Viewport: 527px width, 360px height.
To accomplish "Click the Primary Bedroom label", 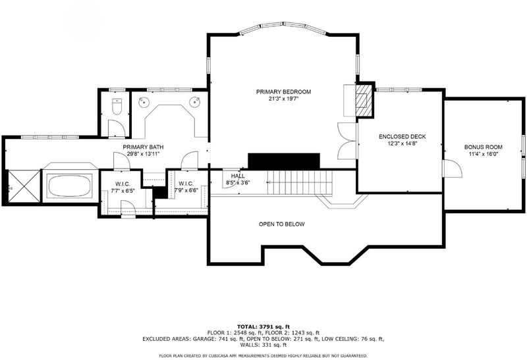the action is point(283,91).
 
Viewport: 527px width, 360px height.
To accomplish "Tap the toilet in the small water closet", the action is point(117,106).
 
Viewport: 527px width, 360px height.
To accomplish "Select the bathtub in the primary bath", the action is point(69,186).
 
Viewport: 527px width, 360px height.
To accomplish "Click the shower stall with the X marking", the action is point(24,186).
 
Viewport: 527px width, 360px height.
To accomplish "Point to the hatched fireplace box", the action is point(364,100).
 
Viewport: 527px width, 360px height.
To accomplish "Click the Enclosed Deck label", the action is point(402,137).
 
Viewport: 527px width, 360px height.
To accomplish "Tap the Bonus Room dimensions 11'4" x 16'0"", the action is point(484,154).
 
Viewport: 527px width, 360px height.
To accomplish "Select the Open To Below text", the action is point(282,224).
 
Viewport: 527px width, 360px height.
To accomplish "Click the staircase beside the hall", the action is point(300,182).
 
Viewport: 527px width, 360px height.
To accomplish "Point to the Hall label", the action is point(238,176).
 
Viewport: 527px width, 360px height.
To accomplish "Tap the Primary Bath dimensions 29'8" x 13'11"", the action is point(143,154).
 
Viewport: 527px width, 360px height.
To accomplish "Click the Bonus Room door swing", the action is point(453,168).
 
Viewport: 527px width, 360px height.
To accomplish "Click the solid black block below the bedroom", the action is point(284,161).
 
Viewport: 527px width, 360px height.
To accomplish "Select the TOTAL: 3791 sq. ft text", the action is point(263,326).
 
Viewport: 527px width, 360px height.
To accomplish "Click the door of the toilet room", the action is point(117,128).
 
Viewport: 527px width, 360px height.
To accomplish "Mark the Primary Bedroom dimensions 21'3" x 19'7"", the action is point(283,99).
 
